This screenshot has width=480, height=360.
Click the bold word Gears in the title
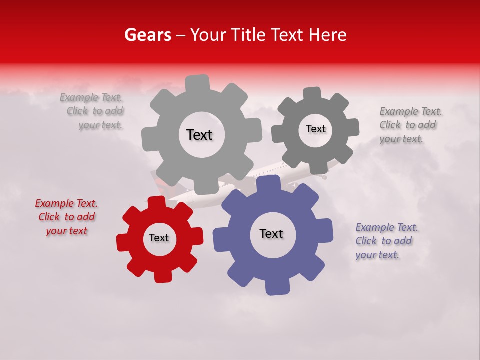[147, 35]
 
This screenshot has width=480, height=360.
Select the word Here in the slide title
[327, 35]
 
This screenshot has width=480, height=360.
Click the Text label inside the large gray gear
[199, 135]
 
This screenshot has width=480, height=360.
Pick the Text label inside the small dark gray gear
[315, 129]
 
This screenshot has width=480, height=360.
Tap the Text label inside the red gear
[159, 238]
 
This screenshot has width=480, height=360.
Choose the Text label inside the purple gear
[271, 234]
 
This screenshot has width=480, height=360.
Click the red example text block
[67, 217]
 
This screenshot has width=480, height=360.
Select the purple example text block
[386, 241]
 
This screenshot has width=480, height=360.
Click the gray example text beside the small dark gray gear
[409, 125]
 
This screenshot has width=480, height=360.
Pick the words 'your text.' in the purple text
[377, 255]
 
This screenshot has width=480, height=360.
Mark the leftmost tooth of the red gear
[123, 243]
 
